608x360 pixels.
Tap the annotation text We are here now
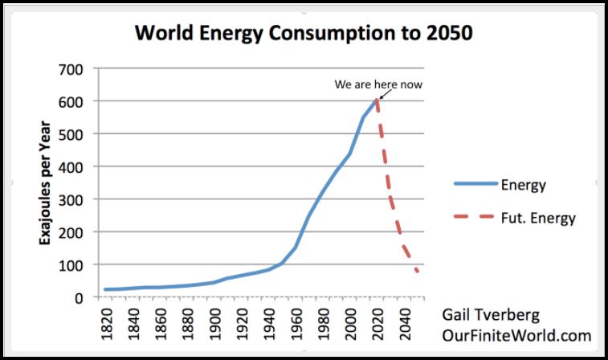click(x=378, y=84)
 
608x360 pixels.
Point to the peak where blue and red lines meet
click(x=376, y=100)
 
